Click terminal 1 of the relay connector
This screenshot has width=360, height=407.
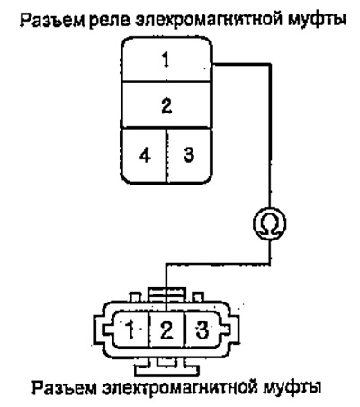[x=166, y=59]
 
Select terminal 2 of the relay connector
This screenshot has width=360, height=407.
[x=166, y=104]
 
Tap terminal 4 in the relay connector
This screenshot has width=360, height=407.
[x=144, y=156]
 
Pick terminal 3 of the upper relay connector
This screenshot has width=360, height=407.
[x=189, y=156]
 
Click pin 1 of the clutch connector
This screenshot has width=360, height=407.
[x=130, y=330]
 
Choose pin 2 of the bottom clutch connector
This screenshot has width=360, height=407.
[x=166, y=330]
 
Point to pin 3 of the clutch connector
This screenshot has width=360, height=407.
[x=202, y=330]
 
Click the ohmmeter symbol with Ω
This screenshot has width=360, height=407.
[x=270, y=223]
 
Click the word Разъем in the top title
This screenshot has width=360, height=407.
[x=51, y=20]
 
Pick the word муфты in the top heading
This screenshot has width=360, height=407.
[x=317, y=20]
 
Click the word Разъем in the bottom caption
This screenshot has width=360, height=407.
[x=64, y=388]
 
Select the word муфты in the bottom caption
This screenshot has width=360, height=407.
[x=292, y=388]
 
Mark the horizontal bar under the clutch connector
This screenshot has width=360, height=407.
[x=166, y=370]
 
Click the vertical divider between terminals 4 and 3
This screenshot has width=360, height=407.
[x=166, y=156]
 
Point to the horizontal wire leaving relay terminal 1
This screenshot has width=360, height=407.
[x=241, y=64]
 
